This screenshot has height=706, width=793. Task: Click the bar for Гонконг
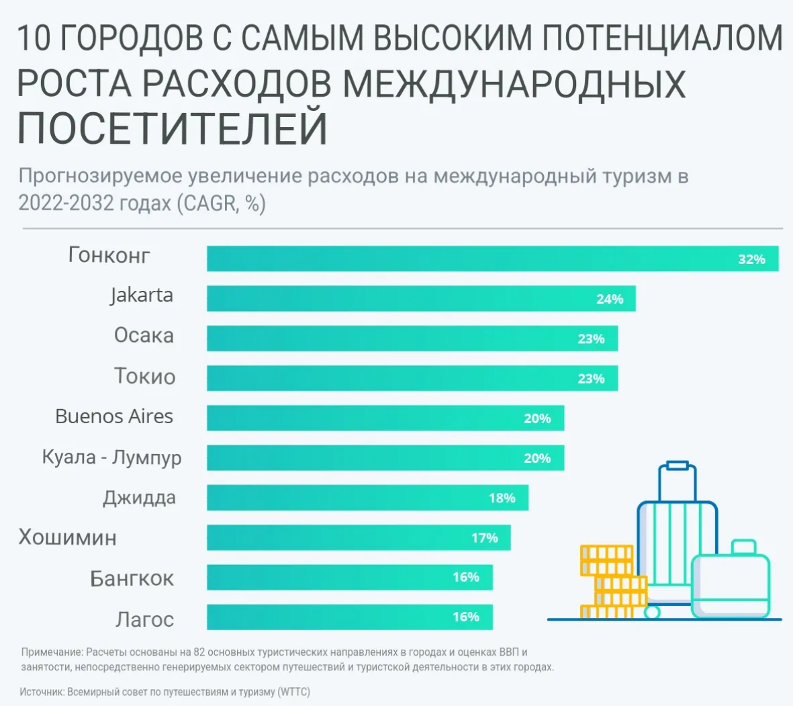pyautogui.click(x=470, y=259)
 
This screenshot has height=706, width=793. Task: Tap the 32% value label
pyautogui.click(x=751, y=259)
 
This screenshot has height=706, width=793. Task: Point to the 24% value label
pyautogui.click(x=610, y=299)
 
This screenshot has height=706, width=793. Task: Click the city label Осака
pyautogui.click(x=144, y=335)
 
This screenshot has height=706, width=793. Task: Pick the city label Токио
pyautogui.click(x=144, y=376)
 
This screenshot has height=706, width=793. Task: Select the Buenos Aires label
pyautogui.click(x=114, y=416)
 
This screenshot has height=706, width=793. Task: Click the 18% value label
pyautogui.click(x=502, y=498)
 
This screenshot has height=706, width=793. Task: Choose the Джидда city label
pyautogui.click(x=139, y=498)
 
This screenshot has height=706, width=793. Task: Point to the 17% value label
pyautogui.click(x=484, y=537)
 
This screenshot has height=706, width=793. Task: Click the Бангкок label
pyautogui.click(x=132, y=578)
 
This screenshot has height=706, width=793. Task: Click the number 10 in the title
pyautogui.click(x=34, y=38)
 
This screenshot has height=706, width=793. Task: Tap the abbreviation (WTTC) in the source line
pyautogui.click(x=294, y=691)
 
